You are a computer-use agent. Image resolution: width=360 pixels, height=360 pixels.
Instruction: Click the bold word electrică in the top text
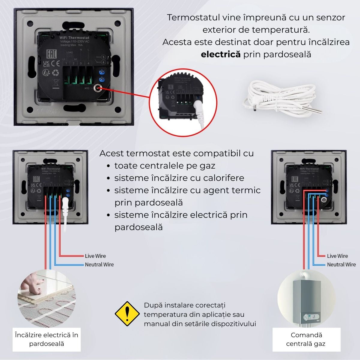220,54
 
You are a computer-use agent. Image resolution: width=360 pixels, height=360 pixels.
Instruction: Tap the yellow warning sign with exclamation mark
127,314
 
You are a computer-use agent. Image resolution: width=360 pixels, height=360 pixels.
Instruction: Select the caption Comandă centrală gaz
306,339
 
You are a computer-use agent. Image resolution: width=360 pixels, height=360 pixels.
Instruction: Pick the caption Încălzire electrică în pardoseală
46,339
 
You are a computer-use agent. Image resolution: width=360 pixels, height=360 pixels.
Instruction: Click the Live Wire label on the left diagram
95,256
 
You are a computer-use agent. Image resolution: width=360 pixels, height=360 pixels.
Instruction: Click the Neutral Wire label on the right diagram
341,264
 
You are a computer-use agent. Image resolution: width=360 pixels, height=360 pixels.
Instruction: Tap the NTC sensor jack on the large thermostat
97,88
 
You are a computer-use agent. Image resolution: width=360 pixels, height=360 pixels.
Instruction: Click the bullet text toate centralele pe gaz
165,166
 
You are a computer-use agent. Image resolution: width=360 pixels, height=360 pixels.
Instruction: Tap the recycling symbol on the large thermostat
56,72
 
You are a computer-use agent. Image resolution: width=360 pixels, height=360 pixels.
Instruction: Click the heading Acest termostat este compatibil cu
176,153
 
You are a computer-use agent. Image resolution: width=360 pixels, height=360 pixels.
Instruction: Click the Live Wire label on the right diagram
337,256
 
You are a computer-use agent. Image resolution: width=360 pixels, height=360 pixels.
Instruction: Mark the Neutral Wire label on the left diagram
99,264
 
